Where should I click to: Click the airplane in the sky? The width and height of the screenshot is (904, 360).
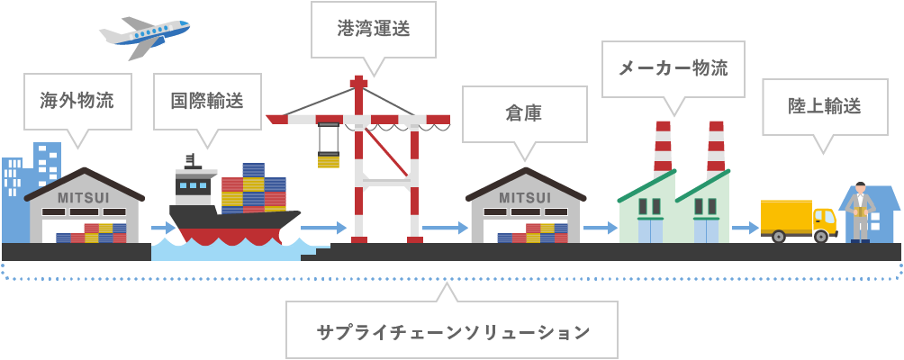point(144,36)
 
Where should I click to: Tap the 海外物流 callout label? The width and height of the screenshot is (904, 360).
point(77,102)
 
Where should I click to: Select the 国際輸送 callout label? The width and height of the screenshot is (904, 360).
point(208,102)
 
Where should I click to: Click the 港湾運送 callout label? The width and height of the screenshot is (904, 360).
point(374,29)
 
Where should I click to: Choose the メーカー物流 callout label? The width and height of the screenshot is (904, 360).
point(673,68)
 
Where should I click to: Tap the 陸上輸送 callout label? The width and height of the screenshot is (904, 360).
point(825,106)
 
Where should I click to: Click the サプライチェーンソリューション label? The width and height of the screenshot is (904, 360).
point(453,332)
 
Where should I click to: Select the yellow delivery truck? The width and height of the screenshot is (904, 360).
point(799,220)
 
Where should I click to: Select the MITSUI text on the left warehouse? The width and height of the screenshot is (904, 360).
point(84,198)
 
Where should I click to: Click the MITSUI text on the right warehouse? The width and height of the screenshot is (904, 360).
point(525,198)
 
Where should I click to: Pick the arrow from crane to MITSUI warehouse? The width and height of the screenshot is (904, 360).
point(445,228)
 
